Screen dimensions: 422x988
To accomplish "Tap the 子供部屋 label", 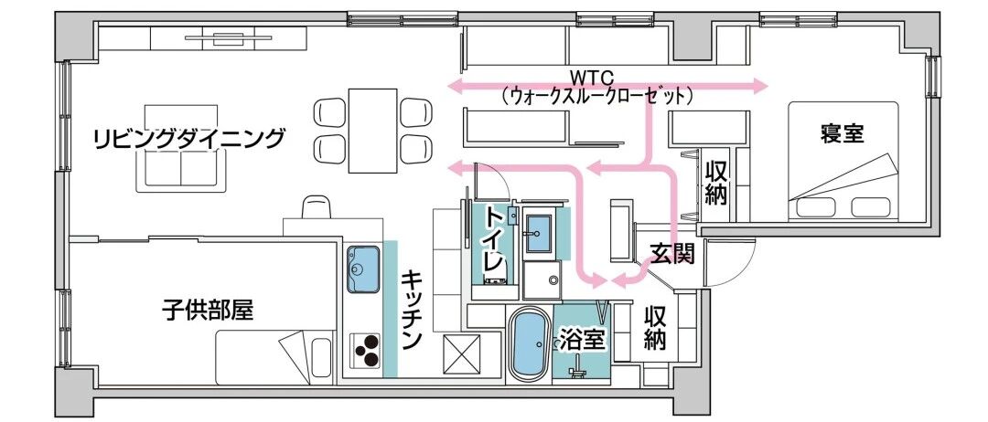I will click(x=208, y=311).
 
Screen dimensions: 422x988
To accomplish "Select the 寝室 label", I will click(x=842, y=134).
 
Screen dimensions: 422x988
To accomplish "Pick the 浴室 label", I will click(x=582, y=340).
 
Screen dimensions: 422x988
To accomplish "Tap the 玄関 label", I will click(x=671, y=253).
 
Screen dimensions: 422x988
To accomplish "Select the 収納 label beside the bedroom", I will click(x=715, y=182).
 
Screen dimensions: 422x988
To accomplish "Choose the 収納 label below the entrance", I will click(x=655, y=329).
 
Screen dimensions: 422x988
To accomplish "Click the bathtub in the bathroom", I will click(x=528, y=344).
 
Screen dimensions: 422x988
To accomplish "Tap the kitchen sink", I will click(x=363, y=269).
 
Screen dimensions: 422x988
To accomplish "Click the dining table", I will click(x=372, y=130).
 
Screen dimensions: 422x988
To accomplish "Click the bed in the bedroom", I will click(x=845, y=184).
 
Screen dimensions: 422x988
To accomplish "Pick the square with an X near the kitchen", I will click(x=461, y=353).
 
